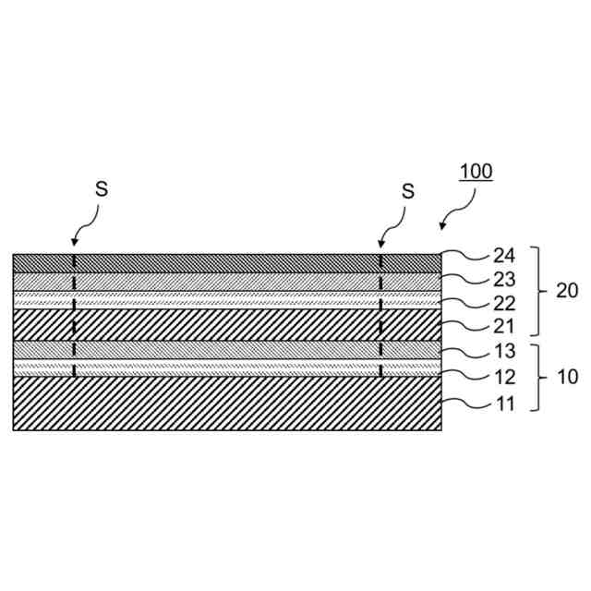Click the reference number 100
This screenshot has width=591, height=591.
(x=476, y=172)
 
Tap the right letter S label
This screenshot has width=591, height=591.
(x=407, y=191)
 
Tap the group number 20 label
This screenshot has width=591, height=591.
(x=567, y=291)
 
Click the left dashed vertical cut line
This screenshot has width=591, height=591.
(x=74, y=314)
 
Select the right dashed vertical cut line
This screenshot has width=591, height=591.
(x=380, y=314)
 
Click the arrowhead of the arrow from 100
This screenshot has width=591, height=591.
(x=442, y=227)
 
